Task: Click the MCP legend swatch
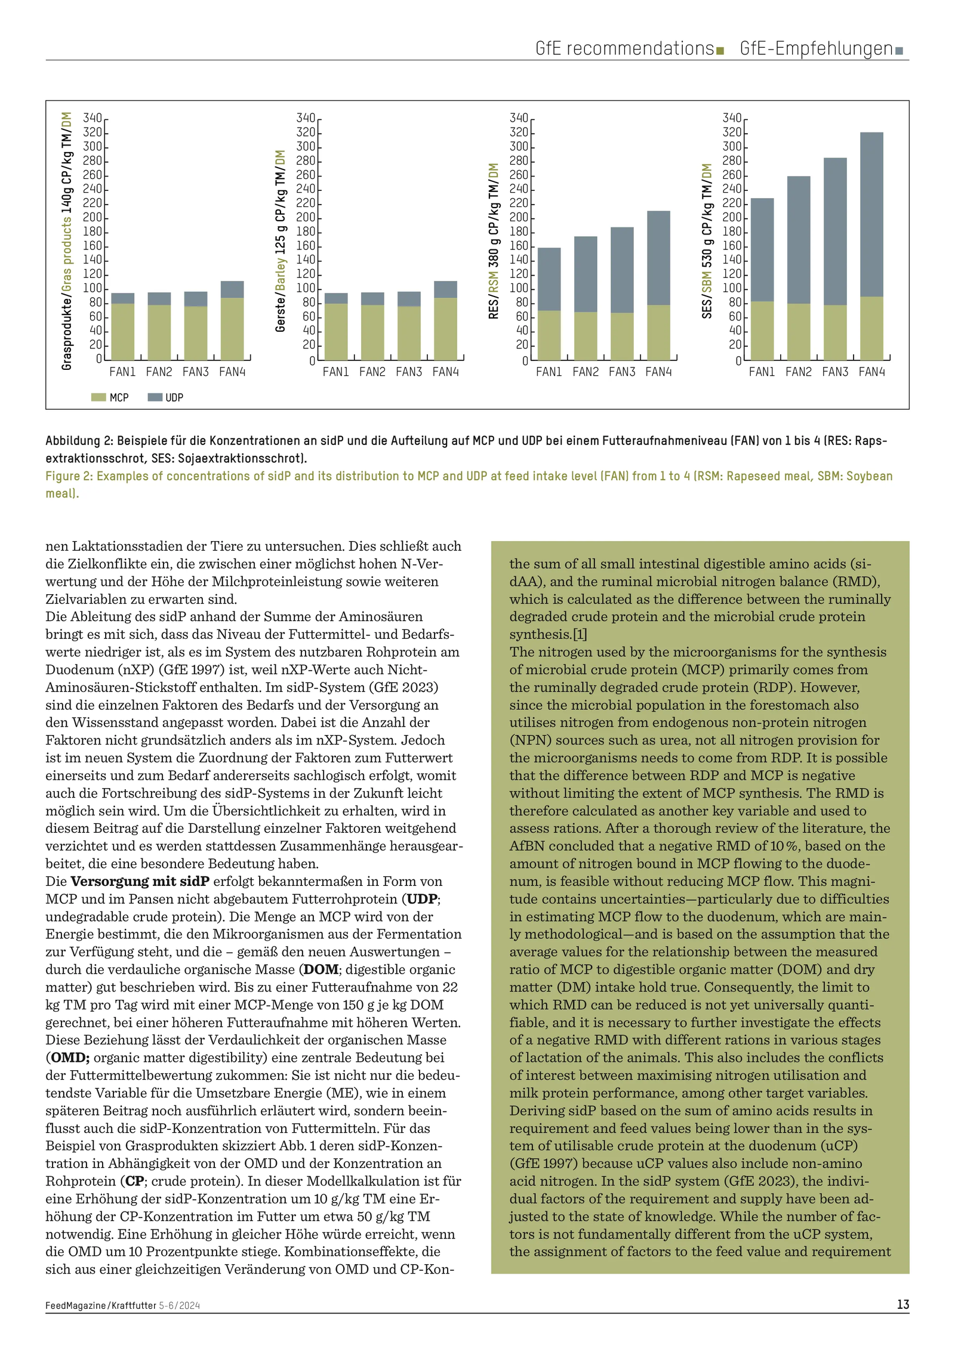pyautogui.click(x=98, y=397)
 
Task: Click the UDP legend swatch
pyautogui.click(x=155, y=397)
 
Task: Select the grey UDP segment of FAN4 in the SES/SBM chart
pyautogui.click(x=871, y=215)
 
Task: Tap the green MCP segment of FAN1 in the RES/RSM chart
pyautogui.click(x=549, y=335)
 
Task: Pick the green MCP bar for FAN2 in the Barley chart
pyautogui.click(x=372, y=332)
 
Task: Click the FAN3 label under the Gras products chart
pyautogui.click(x=196, y=372)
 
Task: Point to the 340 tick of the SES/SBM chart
pyautogui.click(x=732, y=118)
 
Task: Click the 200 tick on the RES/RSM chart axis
pyautogui.click(x=519, y=218)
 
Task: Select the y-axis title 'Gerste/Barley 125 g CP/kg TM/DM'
pyautogui.click(x=281, y=241)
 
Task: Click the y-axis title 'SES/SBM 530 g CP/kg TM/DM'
pyautogui.click(x=707, y=241)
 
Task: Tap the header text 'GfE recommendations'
pyautogui.click(x=624, y=48)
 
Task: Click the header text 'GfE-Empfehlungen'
pyautogui.click(x=816, y=48)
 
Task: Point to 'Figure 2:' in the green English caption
pyautogui.click(x=69, y=476)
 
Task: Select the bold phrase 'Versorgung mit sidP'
pyautogui.click(x=140, y=881)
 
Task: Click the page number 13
pyautogui.click(x=902, y=1305)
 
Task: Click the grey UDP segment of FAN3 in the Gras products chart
pyautogui.click(x=196, y=299)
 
